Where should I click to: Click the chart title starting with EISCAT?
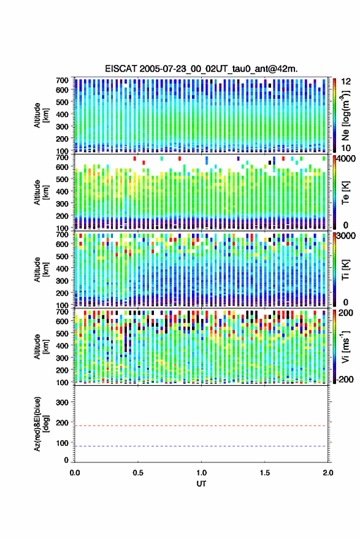coord(201,69)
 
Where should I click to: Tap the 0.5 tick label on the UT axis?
coord(138,473)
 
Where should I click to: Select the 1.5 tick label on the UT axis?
coord(265,473)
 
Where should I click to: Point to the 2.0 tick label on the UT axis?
coord(328,473)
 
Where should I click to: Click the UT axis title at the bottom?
coord(201,484)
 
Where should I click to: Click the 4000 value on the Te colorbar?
coord(345,159)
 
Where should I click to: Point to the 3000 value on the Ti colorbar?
coord(345,236)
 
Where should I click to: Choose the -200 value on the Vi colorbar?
coord(344,380)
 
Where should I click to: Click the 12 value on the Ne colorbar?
coord(345,82)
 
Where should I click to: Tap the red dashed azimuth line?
coord(201,426)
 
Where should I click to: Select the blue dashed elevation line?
coord(201,446)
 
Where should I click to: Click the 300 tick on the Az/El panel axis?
coord(62,402)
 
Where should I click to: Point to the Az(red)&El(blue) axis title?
coord(41,424)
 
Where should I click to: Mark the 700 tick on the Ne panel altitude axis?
coord(62,80)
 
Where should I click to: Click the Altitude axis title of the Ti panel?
coord(41,270)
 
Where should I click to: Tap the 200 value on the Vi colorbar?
coord(345,313)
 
